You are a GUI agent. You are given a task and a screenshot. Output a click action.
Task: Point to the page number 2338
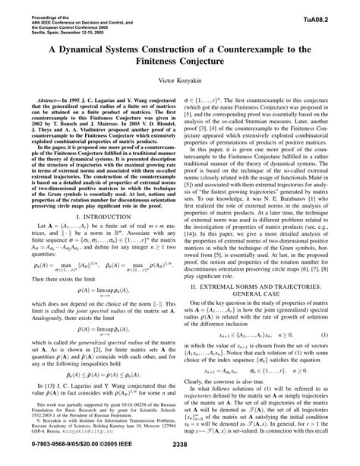tap(180, 456)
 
